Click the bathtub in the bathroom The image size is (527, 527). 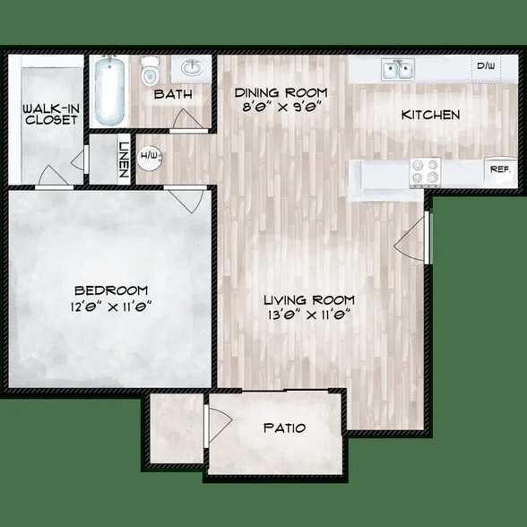point(108,91)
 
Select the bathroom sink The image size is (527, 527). point(192,68)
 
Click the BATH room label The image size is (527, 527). point(170,94)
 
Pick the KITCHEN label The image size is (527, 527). point(430,115)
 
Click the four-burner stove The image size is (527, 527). point(424,169)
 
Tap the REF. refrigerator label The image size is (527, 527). point(497,168)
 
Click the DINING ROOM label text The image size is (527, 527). point(281,92)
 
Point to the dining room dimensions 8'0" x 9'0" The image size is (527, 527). point(281,106)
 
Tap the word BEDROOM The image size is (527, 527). point(111,289)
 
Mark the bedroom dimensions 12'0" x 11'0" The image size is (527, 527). point(111,304)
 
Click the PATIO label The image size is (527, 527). point(284,428)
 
